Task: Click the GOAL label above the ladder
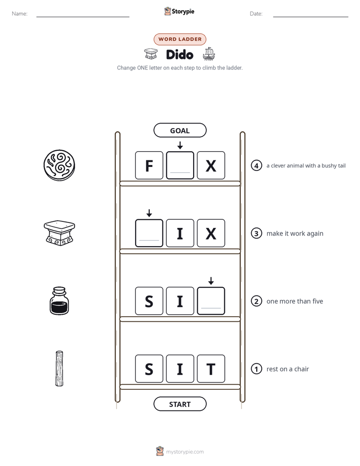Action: coord(179,130)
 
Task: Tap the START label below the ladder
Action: coord(179,404)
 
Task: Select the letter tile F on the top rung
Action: coord(149,165)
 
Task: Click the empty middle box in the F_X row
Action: coord(180,165)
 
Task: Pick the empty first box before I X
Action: coord(149,233)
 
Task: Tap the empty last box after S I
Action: coord(211,301)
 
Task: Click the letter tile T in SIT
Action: coord(211,369)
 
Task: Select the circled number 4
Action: coord(256,165)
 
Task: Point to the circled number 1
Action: coord(256,369)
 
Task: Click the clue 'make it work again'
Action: coord(294,234)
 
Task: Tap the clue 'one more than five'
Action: coord(294,301)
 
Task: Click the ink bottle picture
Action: coord(59,301)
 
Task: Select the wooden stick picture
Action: coord(59,369)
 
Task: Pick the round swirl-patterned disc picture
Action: coord(59,165)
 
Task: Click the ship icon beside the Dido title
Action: coord(209,54)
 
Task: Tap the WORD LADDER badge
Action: coord(179,39)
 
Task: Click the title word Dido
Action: coord(179,54)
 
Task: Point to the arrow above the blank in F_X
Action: coord(180,145)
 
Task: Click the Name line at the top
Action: coord(83,17)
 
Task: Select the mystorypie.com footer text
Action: coord(185,452)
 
